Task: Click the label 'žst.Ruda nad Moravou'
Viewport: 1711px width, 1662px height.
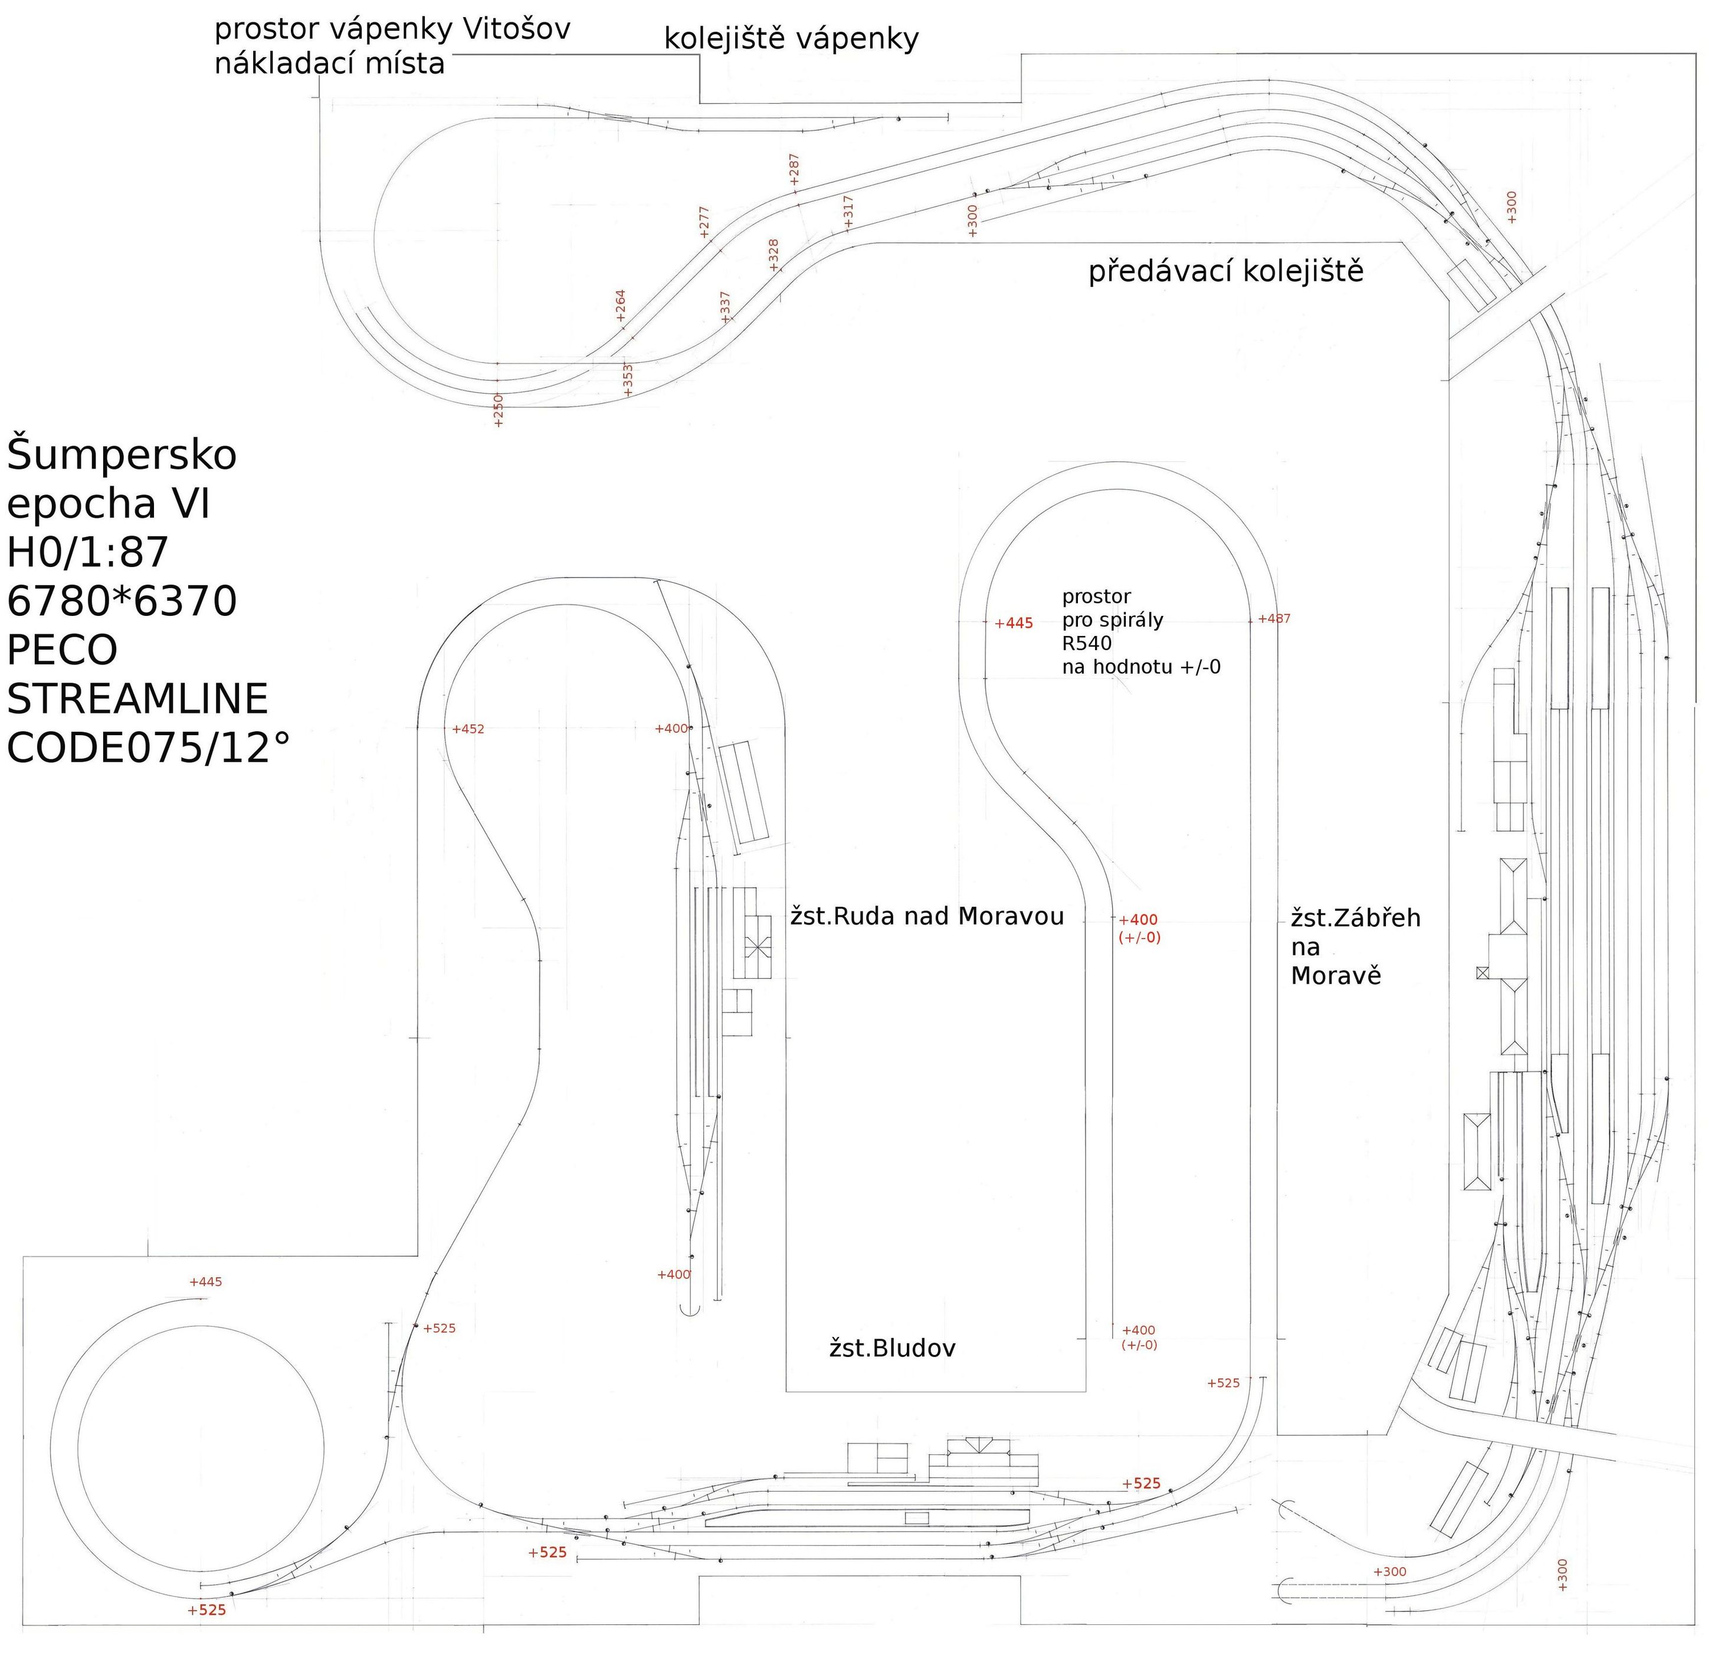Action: pyautogui.click(x=926, y=916)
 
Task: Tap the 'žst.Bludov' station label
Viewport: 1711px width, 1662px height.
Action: pyautogui.click(x=891, y=1349)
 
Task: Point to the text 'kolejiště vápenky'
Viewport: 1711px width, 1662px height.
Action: pyautogui.click(x=791, y=40)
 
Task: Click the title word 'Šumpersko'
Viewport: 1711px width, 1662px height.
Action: pyautogui.click(x=122, y=455)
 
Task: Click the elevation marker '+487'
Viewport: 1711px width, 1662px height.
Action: pyautogui.click(x=1274, y=619)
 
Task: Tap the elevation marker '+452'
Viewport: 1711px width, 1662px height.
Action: pyautogui.click(x=468, y=729)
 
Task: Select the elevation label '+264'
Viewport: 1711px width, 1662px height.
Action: pyautogui.click(x=621, y=306)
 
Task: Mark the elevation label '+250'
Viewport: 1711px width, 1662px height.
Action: pyautogui.click(x=499, y=410)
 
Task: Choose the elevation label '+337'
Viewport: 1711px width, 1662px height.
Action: pyautogui.click(x=725, y=307)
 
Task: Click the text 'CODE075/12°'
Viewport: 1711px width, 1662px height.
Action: pyautogui.click(x=149, y=748)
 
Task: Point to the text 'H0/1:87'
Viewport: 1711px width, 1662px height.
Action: pyautogui.click(x=88, y=553)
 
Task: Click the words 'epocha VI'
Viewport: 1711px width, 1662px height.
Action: pyautogui.click(x=109, y=504)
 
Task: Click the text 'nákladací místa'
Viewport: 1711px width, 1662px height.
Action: pyautogui.click(x=329, y=64)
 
